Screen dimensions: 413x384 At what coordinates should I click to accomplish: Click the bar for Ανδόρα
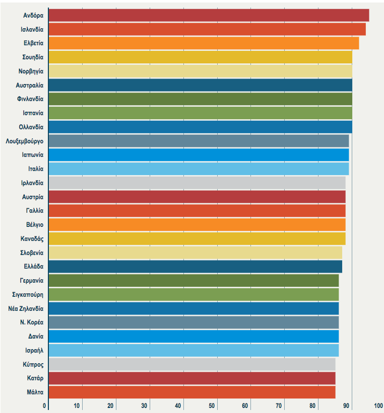tap(209, 15)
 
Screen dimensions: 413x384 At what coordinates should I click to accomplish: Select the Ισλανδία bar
tap(207, 29)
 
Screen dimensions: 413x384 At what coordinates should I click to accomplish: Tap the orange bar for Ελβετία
tap(204, 43)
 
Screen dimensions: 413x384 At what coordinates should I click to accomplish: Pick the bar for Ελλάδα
tap(195, 267)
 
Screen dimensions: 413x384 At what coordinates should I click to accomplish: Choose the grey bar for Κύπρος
tap(192, 364)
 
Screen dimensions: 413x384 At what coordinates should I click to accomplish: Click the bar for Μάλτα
tap(192, 392)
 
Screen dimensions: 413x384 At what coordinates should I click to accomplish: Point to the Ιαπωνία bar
tap(199, 155)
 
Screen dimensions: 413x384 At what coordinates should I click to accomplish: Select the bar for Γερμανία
tap(194, 281)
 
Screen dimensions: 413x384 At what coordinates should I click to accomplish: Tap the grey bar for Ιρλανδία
tap(197, 183)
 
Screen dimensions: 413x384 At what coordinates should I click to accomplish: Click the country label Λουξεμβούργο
tap(25, 141)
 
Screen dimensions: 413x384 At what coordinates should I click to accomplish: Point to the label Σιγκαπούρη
tap(28, 294)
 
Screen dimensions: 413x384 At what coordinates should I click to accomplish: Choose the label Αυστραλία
tap(30, 85)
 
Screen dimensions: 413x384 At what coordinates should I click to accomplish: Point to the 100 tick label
tap(378, 405)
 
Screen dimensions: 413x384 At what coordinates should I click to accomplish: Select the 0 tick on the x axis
tap(45, 405)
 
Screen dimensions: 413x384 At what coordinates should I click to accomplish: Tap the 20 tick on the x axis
tap(111, 405)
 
